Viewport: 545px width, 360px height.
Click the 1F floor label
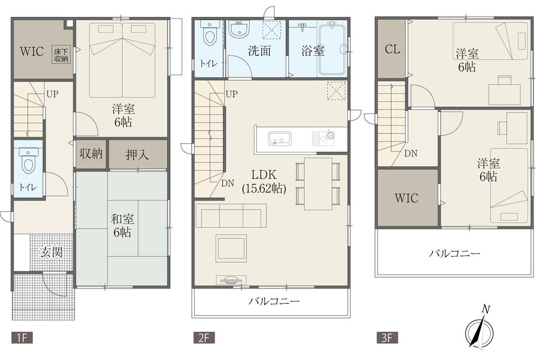click(19, 337)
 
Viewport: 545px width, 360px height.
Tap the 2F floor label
click(200, 337)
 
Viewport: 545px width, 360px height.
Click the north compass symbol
click(480, 328)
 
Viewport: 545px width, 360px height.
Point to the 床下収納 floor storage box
click(61, 55)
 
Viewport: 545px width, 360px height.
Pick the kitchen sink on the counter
click(278, 138)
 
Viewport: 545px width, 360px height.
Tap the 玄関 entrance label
click(50, 252)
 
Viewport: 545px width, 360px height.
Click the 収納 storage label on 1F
click(91, 154)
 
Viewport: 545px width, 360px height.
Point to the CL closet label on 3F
click(392, 49)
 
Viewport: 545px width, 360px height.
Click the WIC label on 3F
click(407, 198)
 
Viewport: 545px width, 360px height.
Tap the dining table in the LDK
click(318, 184)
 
